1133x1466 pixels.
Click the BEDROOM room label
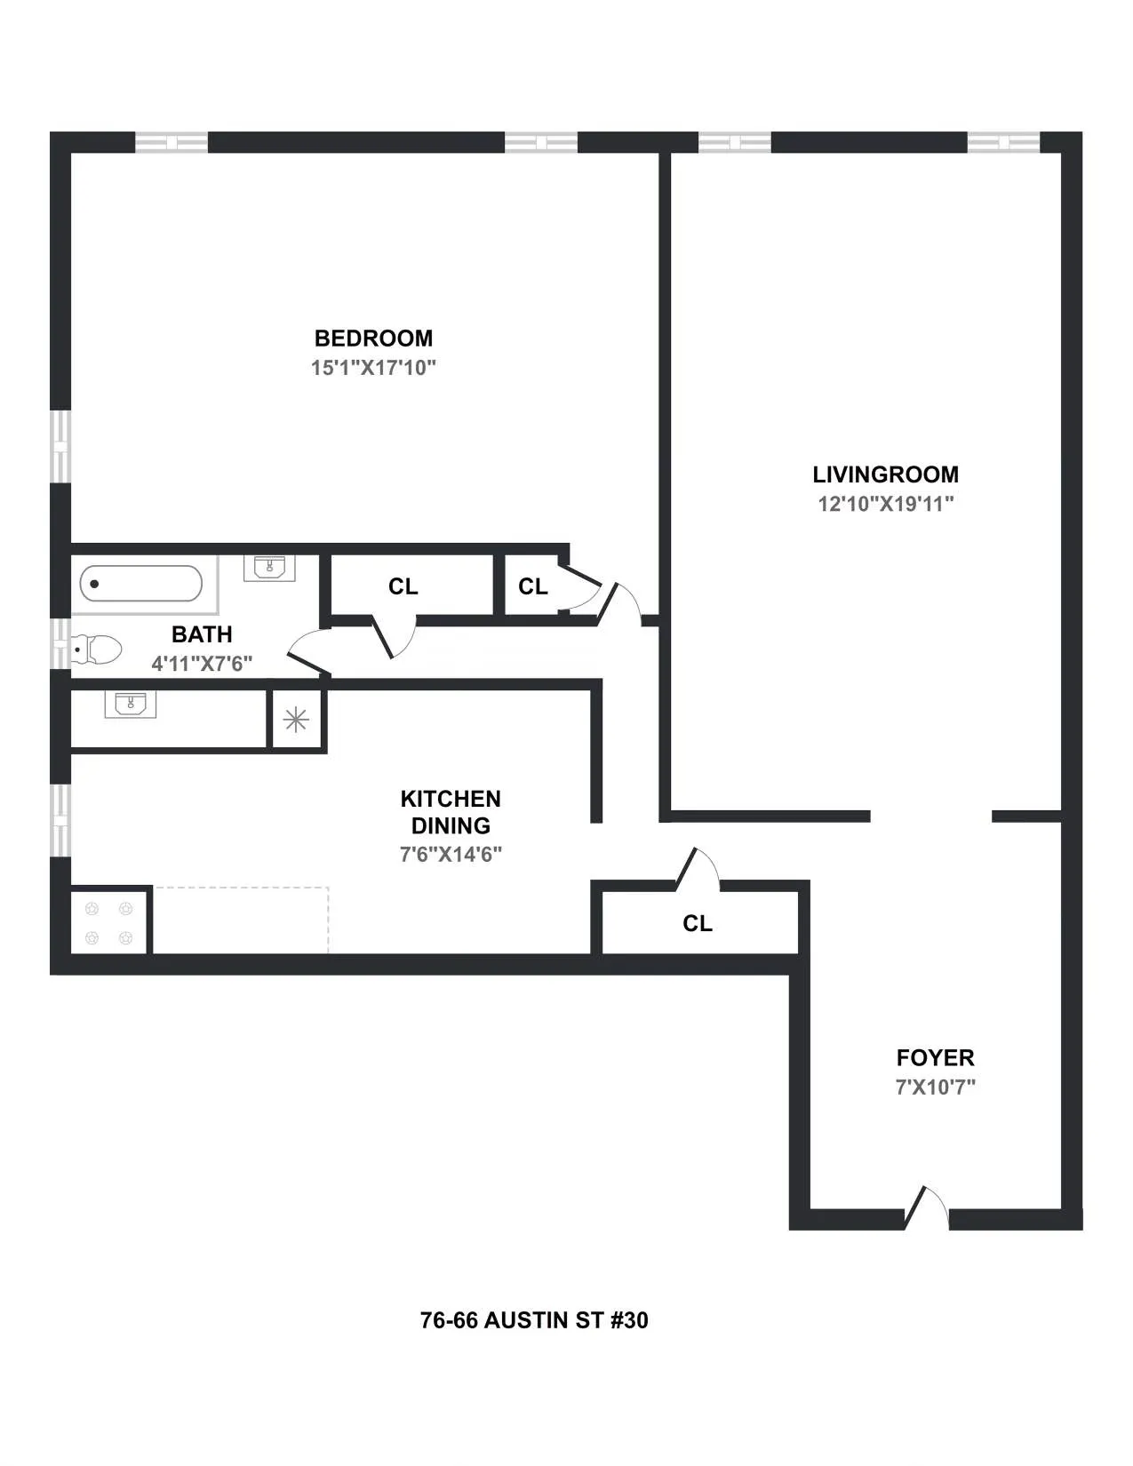(373, 339)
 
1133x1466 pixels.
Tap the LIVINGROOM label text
(885, 474)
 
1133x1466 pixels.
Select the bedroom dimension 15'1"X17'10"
(373, 368)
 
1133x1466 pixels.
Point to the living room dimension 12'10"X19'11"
(885, 504)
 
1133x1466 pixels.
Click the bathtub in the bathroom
(141, 584)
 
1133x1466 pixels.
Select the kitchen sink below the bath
(130, 705)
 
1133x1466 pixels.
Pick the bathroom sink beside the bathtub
(269, 567)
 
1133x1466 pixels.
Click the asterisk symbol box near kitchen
(295, 720)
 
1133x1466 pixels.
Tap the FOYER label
(935, 1058)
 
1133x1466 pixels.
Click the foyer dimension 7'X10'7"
(935, 1087)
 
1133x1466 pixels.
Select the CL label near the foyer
(698, 924)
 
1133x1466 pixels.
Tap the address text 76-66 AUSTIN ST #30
(534, 1320)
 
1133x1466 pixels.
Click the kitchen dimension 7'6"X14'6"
(451, 855)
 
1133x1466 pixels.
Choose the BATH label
(202, 634)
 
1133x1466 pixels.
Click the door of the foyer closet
(698, 869)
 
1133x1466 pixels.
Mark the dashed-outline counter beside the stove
(241, 920)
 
